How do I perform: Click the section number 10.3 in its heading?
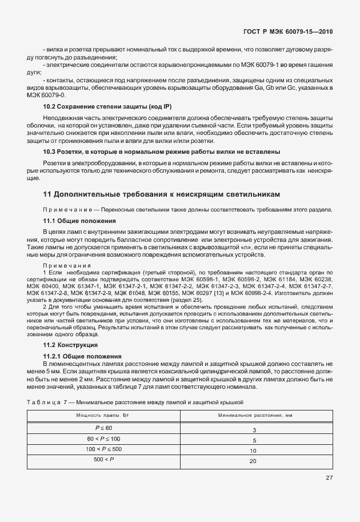(50, 152)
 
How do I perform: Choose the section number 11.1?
(50, 221)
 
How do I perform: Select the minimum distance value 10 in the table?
(254, 451)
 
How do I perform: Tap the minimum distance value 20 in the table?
(254, 461)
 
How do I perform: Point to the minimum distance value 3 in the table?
(254, 429)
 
